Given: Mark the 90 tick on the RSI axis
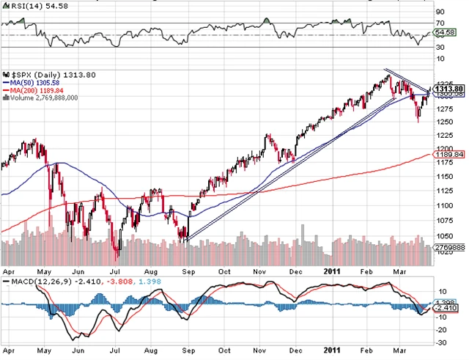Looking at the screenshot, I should point(440,12).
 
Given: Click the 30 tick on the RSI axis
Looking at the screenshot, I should point(440,48).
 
